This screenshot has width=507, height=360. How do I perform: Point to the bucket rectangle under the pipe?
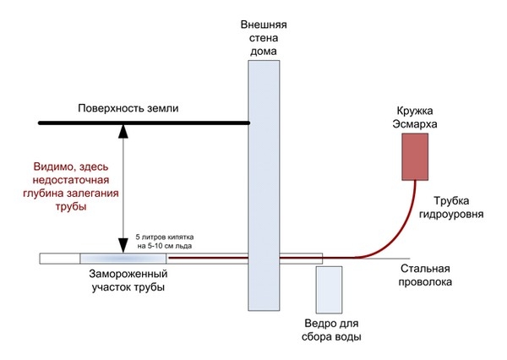click(330, 289)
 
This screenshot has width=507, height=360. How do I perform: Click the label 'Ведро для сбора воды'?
click(333, 330)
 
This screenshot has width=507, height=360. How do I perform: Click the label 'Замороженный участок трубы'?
click(128, 281)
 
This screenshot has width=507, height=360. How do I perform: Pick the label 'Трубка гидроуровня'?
click(458, 208)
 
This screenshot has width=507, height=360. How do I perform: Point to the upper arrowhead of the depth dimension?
click(124, 130)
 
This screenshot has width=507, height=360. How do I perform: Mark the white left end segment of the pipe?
click(59, 258)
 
